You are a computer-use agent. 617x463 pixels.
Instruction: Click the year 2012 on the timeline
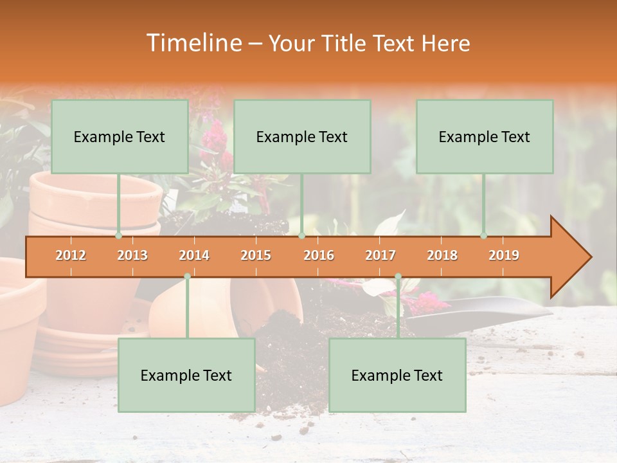coord(71,255)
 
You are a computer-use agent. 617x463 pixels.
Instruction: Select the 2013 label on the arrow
coord(132,255)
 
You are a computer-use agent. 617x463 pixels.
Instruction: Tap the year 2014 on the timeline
coord(194,255)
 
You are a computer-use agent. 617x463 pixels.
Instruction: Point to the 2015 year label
coord(256,255)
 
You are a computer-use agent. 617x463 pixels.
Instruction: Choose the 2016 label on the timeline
coord(319,255)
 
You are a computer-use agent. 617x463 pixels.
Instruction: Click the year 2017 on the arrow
coord(380,255)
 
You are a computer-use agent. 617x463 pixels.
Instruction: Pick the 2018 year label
coord(442,255)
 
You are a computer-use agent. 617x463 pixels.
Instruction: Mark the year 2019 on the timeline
coord(504,255)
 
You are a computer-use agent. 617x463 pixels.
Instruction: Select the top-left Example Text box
coord(120,137)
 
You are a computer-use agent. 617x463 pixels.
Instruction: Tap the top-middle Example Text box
coord(302,137)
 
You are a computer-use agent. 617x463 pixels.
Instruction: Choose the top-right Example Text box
coord(485,137)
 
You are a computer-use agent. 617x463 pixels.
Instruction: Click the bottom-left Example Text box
coord(186,376)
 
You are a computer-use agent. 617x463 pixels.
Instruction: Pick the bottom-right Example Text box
coord(397,376)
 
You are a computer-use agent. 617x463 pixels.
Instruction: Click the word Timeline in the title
coord(193,43)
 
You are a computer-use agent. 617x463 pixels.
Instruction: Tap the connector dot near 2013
coord(119,235)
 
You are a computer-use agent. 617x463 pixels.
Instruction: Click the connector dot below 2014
coord(187,276)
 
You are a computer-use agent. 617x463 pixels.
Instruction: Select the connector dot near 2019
coord(484,235)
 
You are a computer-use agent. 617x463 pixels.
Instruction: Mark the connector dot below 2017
coord(398,276)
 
